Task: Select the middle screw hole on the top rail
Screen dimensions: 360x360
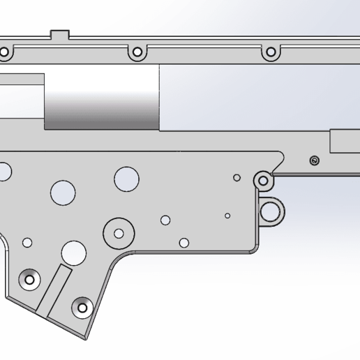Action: point(137,52)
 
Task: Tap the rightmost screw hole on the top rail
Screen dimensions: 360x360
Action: point(270,52)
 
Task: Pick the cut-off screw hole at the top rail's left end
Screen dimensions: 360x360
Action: point(3,52)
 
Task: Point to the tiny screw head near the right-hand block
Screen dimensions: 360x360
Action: point(314,161)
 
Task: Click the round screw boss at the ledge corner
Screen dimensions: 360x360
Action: point(263,181)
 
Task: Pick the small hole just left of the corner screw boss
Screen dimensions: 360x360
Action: point(237,178)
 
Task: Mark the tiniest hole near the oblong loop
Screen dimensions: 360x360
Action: point(227,216)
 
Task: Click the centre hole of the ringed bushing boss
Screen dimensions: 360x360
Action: point(119,233)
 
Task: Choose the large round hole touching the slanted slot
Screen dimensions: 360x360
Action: point(73,252)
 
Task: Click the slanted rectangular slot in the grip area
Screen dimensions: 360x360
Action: point(53,288)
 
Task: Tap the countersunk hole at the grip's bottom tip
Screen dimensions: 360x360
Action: point(82,306)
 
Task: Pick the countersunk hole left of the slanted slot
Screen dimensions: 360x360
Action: point(30,279)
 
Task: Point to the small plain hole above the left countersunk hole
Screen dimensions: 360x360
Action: point(27,242)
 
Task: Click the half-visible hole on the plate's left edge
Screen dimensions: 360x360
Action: point(4,170)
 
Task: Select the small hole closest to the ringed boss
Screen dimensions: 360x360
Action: point(165,220)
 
